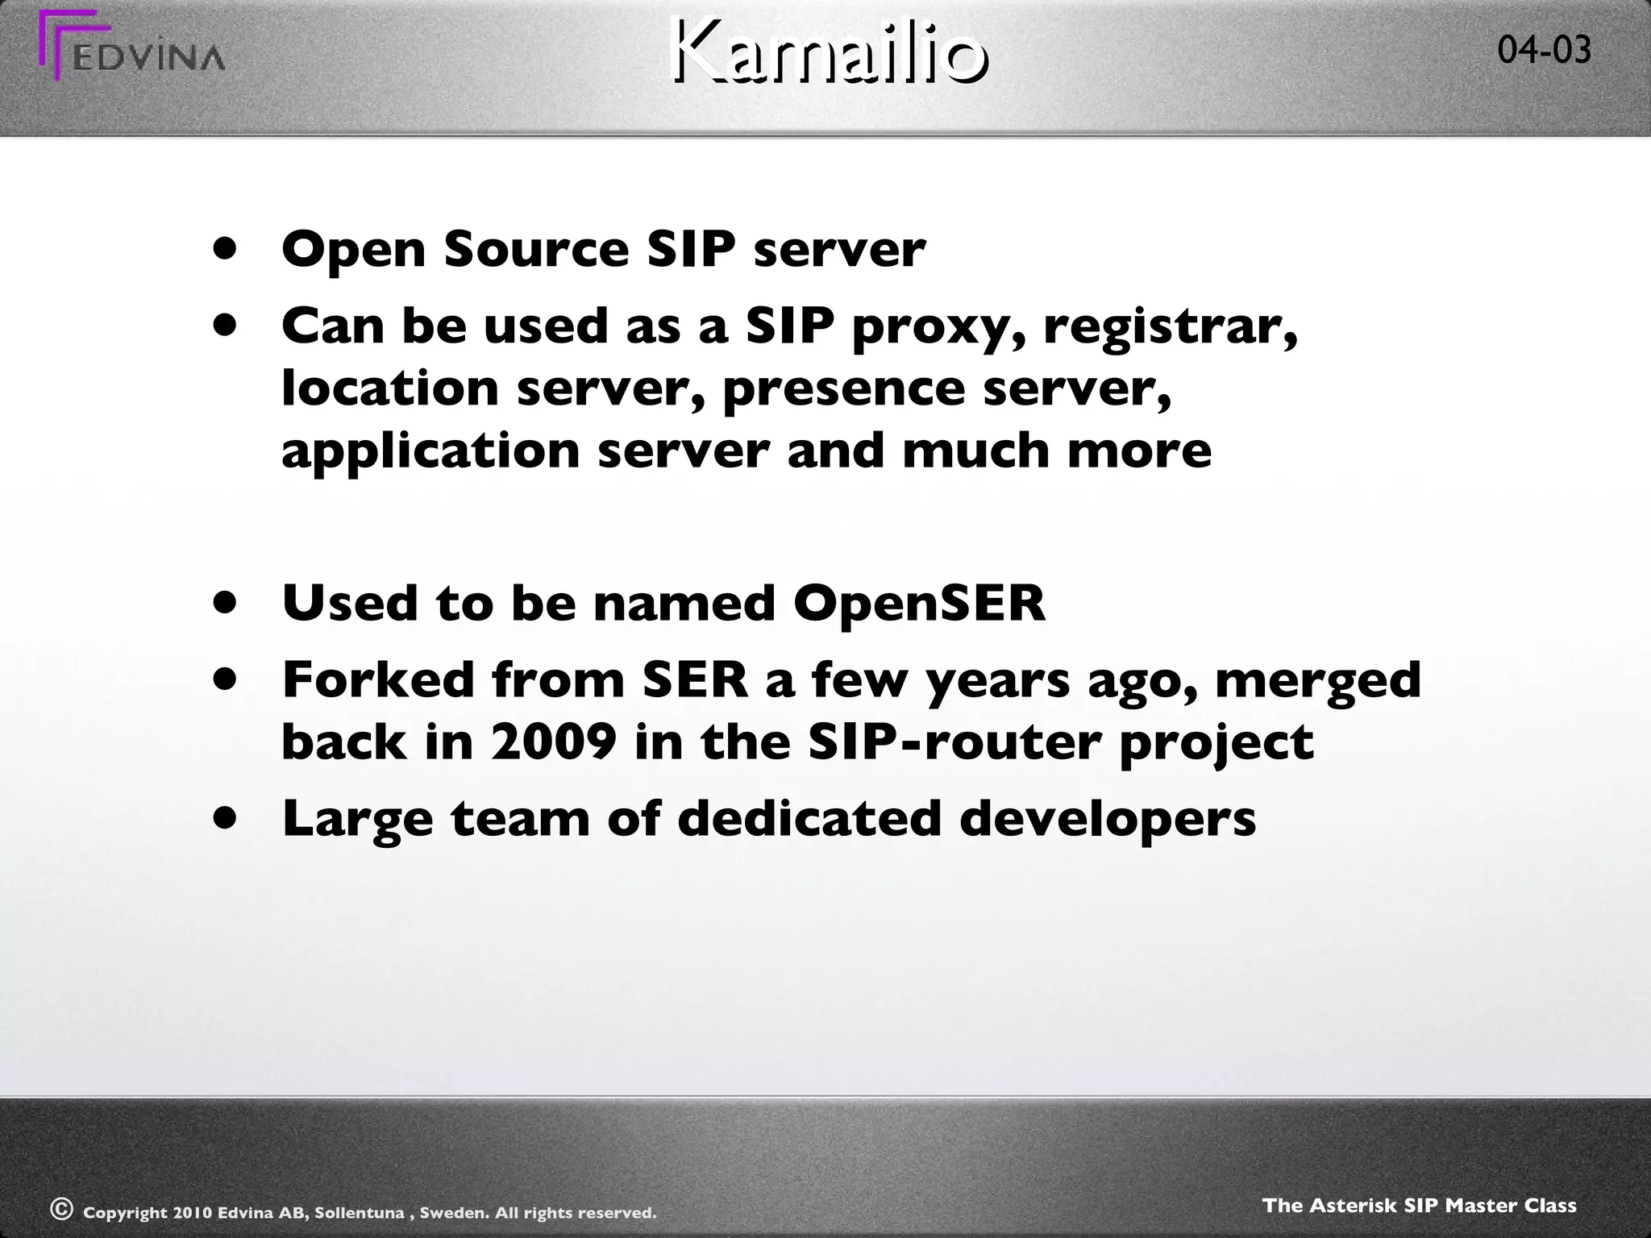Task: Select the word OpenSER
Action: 919,603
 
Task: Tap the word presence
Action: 843,388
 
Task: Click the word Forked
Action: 378,679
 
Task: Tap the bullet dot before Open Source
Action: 226,250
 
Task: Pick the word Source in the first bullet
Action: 536,250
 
